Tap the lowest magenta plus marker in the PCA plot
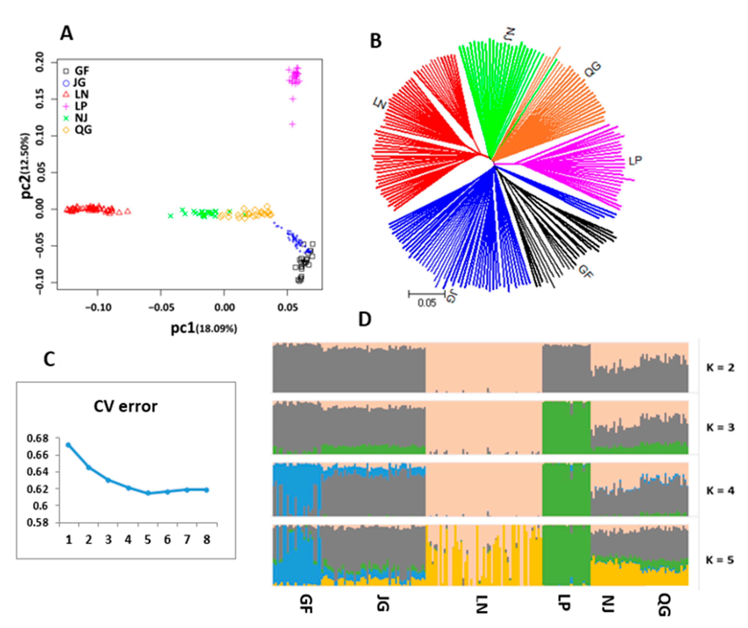[292, 124]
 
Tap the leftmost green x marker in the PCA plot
[171, 216]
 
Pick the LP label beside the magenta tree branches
[635, 161]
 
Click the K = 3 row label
[720, 427]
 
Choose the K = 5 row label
[720, 560]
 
